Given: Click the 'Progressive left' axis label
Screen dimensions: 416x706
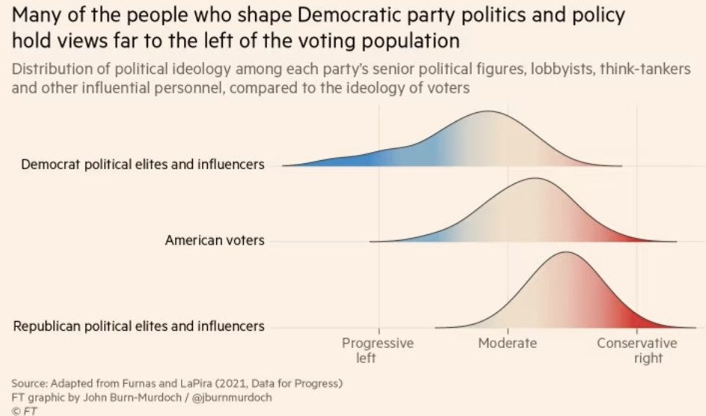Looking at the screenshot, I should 378,350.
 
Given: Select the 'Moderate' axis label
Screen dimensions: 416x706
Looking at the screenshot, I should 508,343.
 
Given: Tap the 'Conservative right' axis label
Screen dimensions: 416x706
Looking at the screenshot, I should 636,350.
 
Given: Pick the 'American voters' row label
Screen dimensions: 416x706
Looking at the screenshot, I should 215,241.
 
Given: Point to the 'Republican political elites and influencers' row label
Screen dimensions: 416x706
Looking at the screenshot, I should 139,326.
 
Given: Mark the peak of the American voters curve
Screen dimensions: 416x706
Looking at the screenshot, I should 534,180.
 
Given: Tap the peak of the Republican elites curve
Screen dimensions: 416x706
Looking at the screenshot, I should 566,253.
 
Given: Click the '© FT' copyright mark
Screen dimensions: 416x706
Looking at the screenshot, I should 25,410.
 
